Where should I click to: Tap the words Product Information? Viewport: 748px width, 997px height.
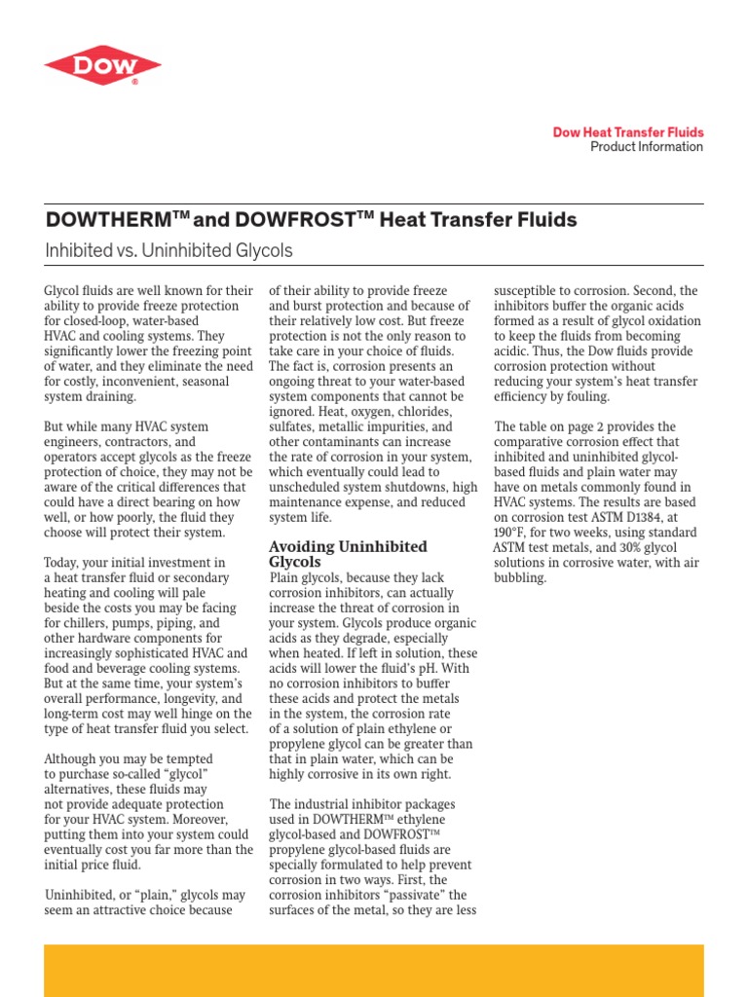[x=646, y=147]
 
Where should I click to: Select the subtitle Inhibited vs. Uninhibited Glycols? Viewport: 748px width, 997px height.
[x=168, y=251]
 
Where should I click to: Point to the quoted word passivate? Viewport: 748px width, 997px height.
[x=410, y=895]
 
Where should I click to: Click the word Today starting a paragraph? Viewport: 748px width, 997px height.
[x=66, y=563]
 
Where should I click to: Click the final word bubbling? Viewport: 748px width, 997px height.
[x=521, y=577]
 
